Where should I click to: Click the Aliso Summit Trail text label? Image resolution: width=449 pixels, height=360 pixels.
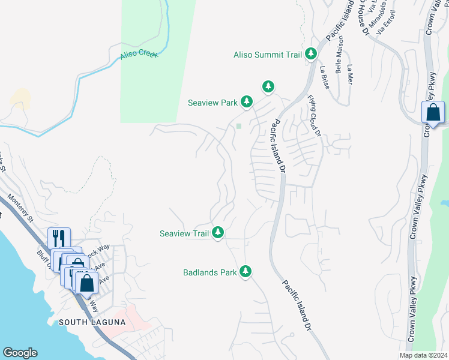click(267, 55)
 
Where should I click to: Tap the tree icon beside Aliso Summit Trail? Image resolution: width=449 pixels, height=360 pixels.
click(311, 55)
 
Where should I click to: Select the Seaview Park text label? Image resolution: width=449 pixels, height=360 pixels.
click(212, 103)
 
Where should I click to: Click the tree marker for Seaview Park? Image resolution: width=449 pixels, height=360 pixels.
click(247, 102)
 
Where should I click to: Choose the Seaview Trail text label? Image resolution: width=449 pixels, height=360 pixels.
click(184, 233)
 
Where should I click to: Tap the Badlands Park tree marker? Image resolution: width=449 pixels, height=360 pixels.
click(245, 272)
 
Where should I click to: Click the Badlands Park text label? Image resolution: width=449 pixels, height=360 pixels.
click(210, 272)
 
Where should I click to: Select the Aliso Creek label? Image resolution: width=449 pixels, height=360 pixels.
click(138, 54)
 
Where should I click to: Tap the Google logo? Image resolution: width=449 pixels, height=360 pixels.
click(20, 353)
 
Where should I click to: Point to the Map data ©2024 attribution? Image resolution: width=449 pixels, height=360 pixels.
click(423, 355)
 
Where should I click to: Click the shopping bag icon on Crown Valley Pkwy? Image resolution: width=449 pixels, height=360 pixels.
click(433, 113)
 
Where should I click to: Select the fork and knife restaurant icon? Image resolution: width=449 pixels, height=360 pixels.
click(59, 238)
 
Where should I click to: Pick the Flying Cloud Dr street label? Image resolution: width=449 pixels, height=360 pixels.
click(315, 115)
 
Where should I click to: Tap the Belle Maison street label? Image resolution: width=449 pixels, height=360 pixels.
click(339, 59)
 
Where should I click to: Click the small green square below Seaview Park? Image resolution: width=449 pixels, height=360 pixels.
click(239, 126)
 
